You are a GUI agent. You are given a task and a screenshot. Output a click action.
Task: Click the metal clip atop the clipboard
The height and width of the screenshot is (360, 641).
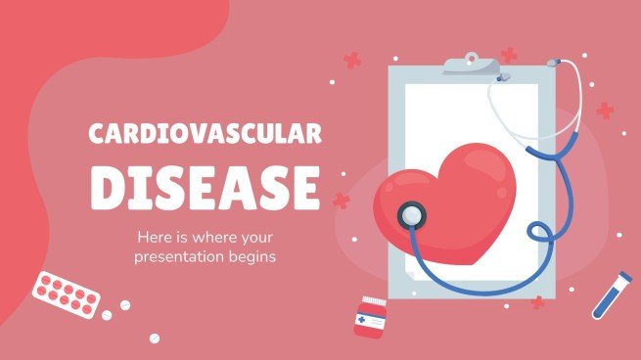click(472, 65)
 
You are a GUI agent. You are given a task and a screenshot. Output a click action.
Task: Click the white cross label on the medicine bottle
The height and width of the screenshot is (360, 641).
click(364, 319)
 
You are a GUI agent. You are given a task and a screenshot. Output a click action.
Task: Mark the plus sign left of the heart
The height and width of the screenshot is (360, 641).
click(341, 200)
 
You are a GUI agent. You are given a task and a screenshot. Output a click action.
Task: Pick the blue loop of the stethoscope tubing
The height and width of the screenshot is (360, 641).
click(539, 235)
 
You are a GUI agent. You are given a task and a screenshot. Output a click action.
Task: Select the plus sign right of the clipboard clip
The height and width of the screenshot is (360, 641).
click(509, 55)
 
